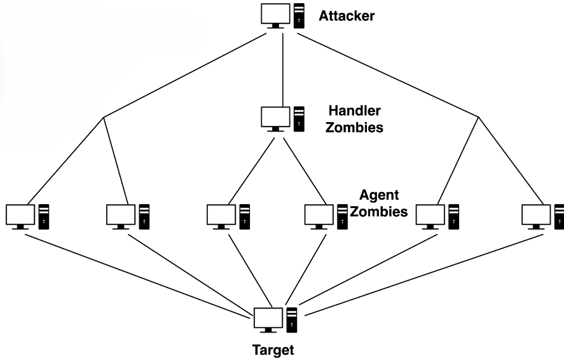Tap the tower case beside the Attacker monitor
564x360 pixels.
coord(299,16)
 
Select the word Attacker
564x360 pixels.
coord(347,15)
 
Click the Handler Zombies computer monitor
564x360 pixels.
coord(275,117)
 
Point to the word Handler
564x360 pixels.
coord(355,111)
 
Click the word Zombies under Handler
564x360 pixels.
coord(355,127)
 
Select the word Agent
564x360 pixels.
coord(380,195)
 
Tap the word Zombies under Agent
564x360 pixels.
coord(379,211)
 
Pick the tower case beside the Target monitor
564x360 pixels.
coord(292,320)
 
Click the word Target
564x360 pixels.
coord(273,349)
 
